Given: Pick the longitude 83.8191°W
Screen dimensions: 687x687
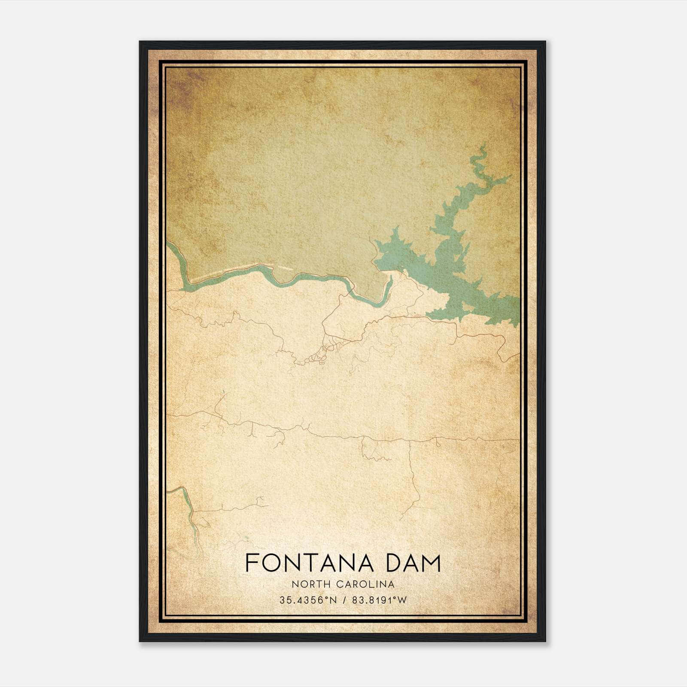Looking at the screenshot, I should [x=379, y=600].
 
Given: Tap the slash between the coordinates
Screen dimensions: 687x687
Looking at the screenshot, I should [x=343, y=600].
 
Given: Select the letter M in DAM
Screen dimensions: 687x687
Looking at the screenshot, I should [x=431, y=563].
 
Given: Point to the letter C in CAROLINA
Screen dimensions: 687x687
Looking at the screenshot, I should [x=338, y=584].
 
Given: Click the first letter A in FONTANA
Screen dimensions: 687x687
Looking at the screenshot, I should [x=331, y=563].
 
